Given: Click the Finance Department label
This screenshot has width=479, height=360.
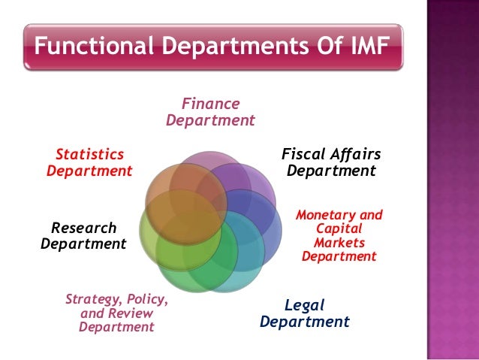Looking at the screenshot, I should point(210,111).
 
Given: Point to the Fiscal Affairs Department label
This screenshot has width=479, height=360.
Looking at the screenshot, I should point(331,162).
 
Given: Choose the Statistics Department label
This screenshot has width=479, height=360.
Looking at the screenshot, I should point(89,162).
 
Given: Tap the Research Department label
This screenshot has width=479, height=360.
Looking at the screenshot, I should point(83,235).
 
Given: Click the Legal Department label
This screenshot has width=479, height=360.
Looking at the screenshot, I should point(305,313).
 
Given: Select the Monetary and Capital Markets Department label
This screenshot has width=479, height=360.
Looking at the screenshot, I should point(339,235).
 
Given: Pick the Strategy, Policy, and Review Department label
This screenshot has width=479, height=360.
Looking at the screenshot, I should point(116,313).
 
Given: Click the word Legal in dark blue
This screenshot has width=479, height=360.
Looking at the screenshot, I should point(306,304).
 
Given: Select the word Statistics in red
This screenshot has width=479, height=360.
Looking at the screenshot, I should point(90,154).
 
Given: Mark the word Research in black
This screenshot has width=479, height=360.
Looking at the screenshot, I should point(84,227).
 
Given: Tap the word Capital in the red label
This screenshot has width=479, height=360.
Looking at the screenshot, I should point(339,228).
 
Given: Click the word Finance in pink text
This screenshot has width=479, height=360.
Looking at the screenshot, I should point(211,103).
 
